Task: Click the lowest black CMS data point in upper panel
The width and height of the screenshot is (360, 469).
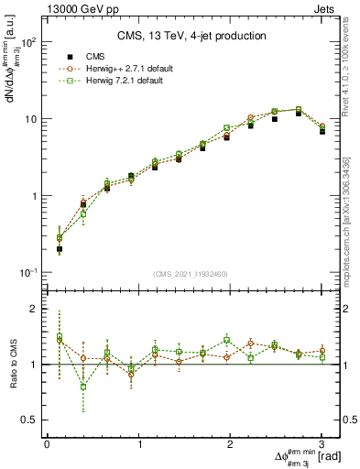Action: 60,248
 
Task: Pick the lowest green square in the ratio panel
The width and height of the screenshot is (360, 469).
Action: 83,387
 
